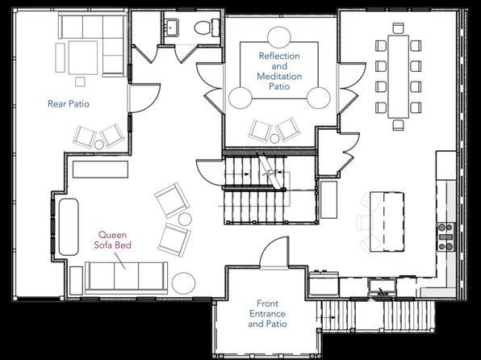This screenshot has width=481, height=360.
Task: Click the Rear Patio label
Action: (x=69, y=104)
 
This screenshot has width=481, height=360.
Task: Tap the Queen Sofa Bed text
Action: (x=112, y=240)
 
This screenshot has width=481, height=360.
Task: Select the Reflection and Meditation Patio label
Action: (x=279, y=71)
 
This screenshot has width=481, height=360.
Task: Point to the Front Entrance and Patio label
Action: (x=267, y=314)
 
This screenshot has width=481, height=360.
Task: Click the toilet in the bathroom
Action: (x=207, y=27)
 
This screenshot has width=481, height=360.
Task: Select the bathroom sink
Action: (x=171, y=27)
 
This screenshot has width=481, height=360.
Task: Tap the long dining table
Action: (x=398, y=77)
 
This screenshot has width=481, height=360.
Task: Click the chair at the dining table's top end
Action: (x=398, y=28)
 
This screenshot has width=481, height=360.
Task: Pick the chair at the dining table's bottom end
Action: (x=398, y=125)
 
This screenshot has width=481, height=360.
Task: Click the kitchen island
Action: (x=387, y=222)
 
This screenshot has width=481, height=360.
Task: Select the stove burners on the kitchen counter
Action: (x=445, y=237)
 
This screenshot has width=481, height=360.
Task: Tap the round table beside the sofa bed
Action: (x=183, y=283)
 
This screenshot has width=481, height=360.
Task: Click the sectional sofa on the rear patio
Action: (x=93, y=44)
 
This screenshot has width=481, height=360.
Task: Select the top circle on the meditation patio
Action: (x=279, y=37)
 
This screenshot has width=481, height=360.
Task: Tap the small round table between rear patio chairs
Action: (x=98, y=144)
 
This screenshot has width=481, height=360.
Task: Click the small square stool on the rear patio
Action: (x=80, y=82)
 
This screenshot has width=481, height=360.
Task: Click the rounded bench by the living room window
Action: (x=69, y=227)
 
